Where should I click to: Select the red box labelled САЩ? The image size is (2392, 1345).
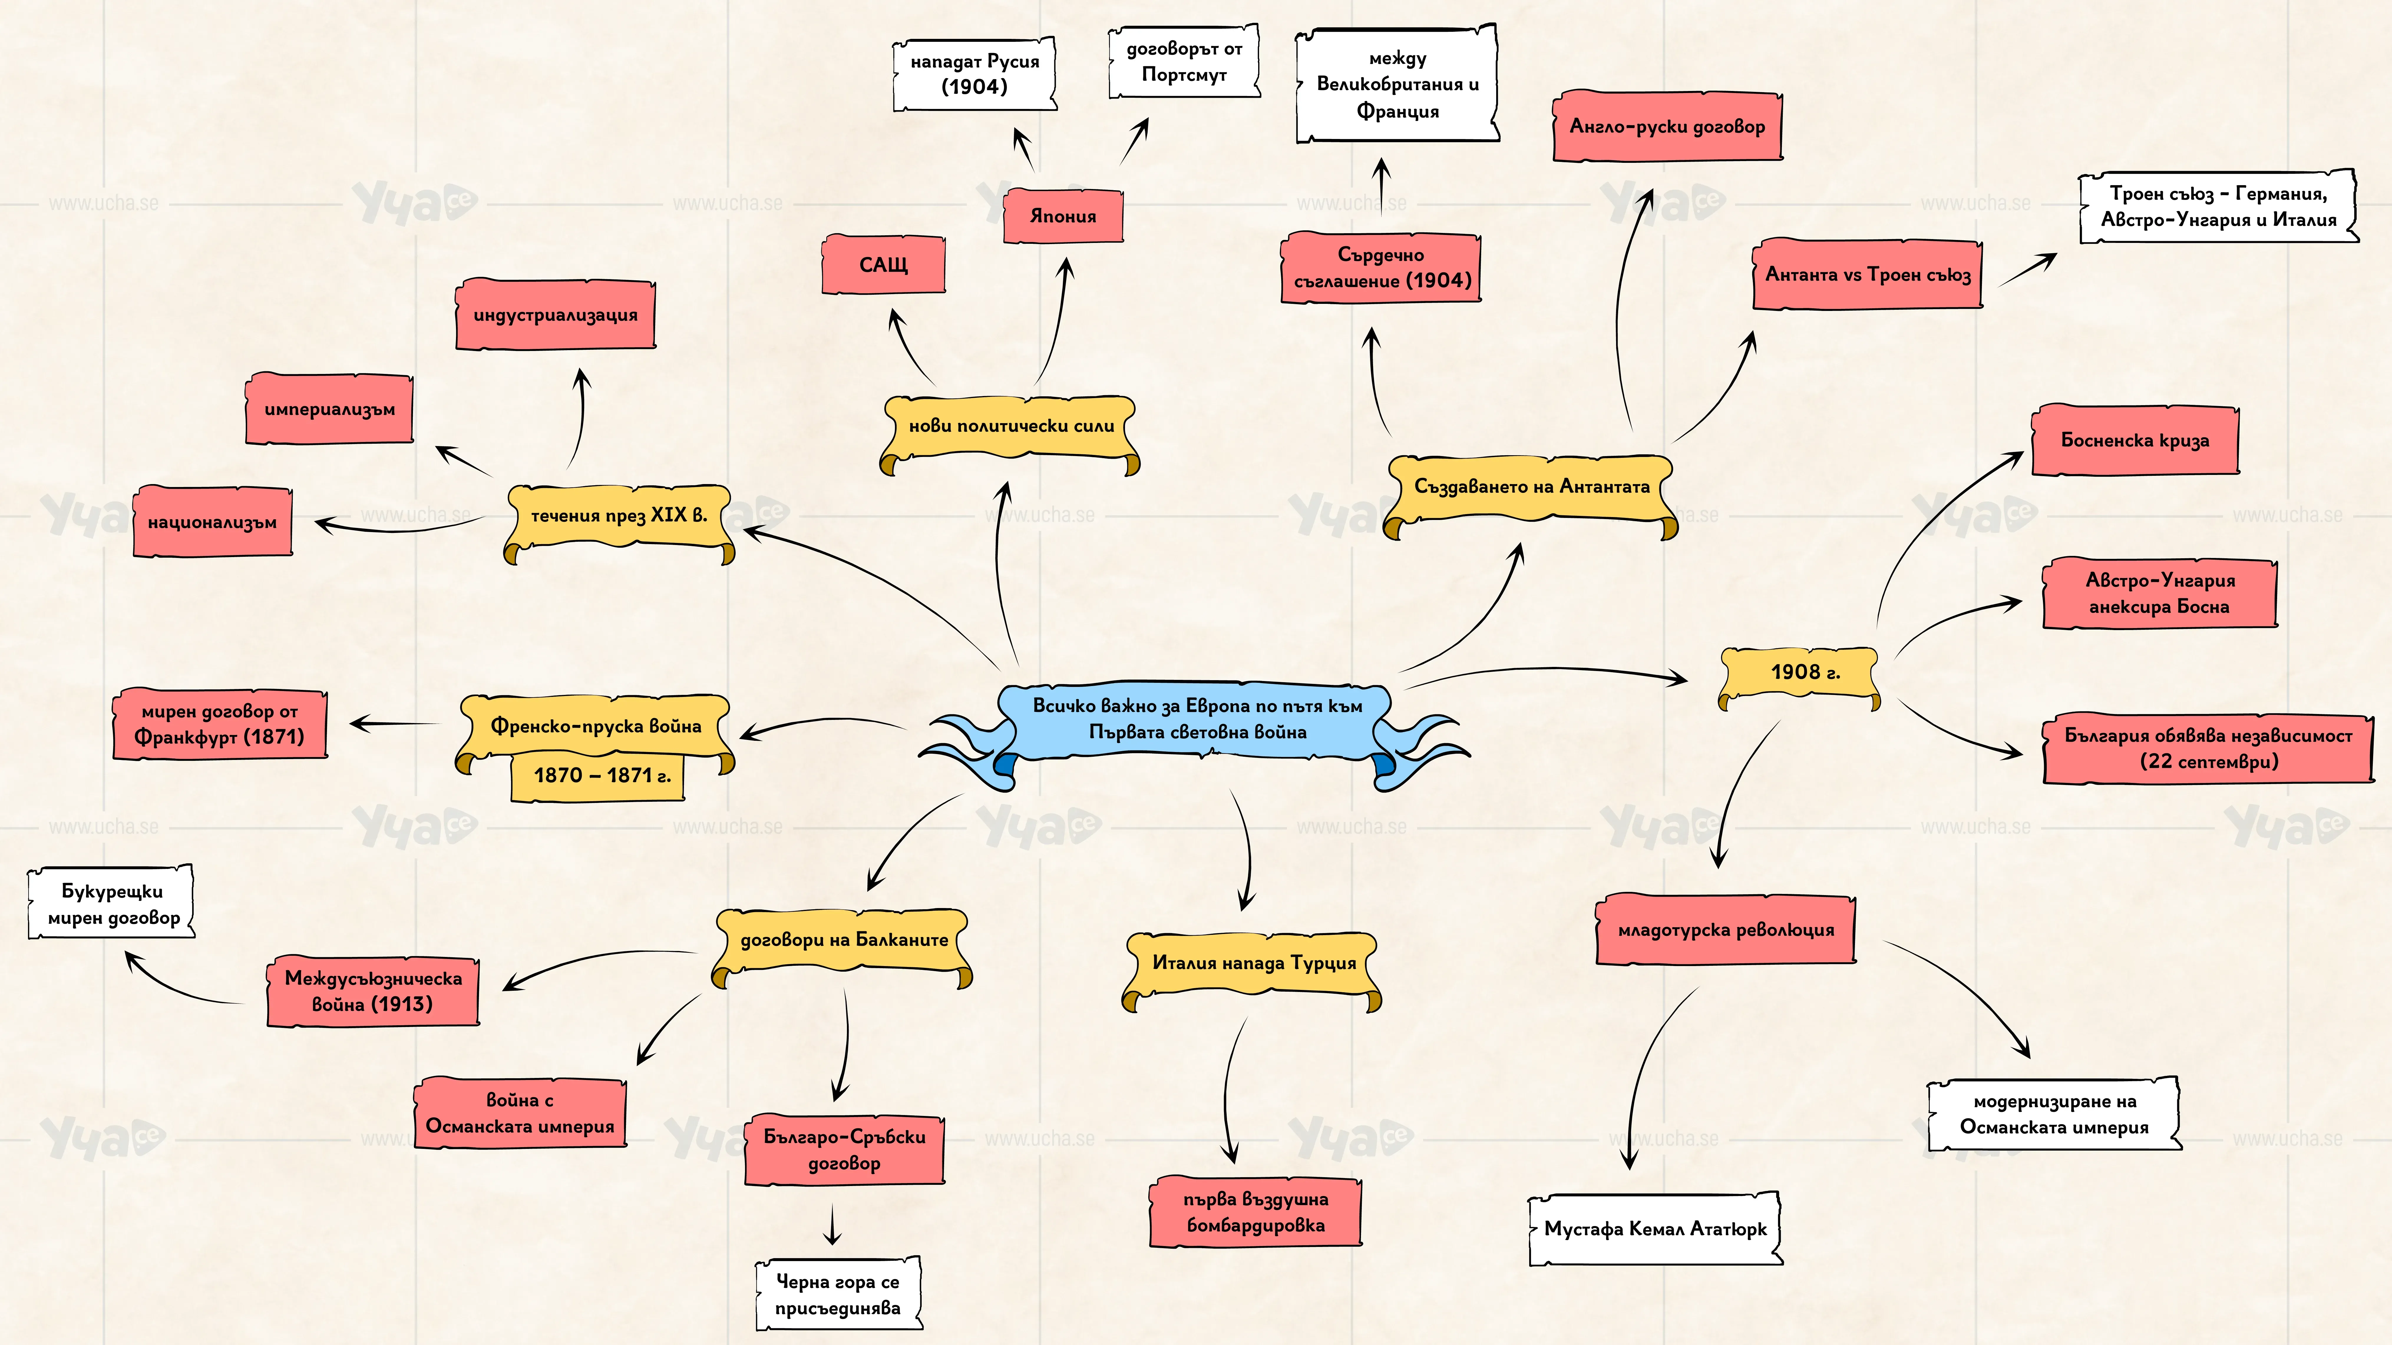tap(883, 264)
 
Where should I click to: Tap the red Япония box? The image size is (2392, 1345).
tap(1063, 215)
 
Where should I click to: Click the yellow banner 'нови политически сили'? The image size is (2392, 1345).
tap(1010, 430)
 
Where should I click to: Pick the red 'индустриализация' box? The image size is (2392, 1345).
tap(555, 315)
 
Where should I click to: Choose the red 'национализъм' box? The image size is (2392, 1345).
tap(213, 522)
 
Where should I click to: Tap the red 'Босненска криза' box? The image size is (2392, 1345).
tap(2135, 440)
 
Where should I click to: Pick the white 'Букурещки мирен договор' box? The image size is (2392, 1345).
tap(111, 903)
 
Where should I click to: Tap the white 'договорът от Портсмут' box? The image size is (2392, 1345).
tap(1184, 62)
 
